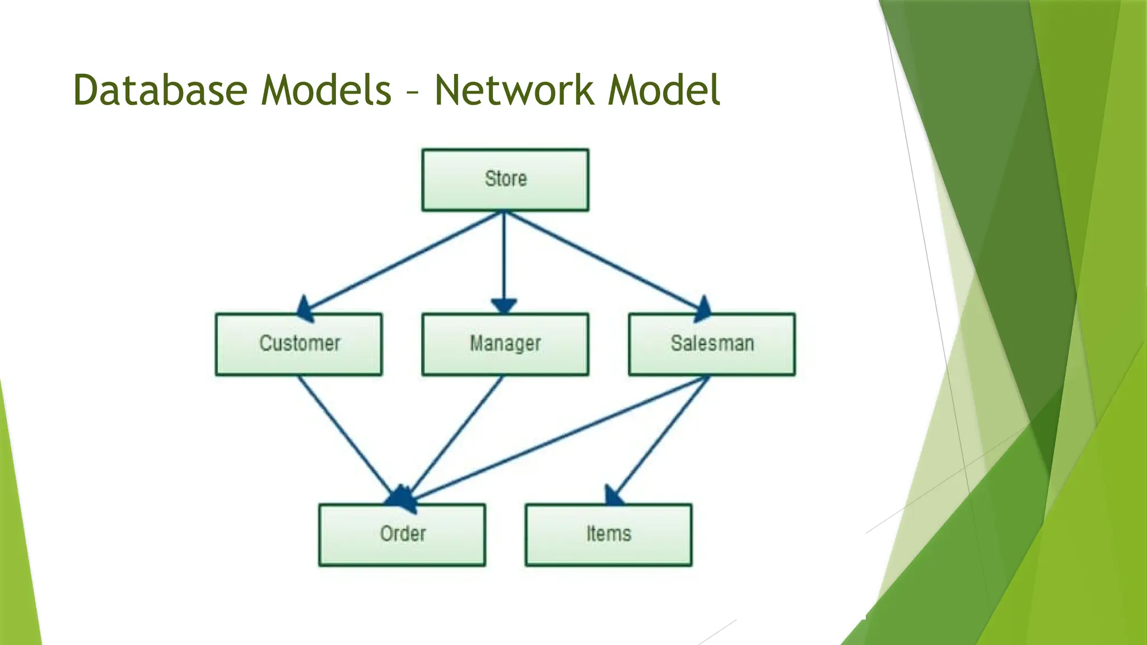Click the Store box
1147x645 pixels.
pos(505,180)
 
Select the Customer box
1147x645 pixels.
pos(299,344)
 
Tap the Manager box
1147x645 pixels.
pos(505,344)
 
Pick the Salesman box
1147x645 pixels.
pos(712,344)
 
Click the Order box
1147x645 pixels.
pos(402,535)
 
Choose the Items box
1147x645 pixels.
pos(609,535)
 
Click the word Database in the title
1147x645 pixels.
pos(160,90)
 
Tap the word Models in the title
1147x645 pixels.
pos(326,90)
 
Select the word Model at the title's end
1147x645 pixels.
pos(664,90)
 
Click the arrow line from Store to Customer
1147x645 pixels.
pos(403,261)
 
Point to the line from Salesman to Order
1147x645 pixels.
pos(560,437)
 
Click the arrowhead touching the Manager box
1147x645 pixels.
pos(504,306)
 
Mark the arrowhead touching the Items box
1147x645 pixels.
pos(613,496)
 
